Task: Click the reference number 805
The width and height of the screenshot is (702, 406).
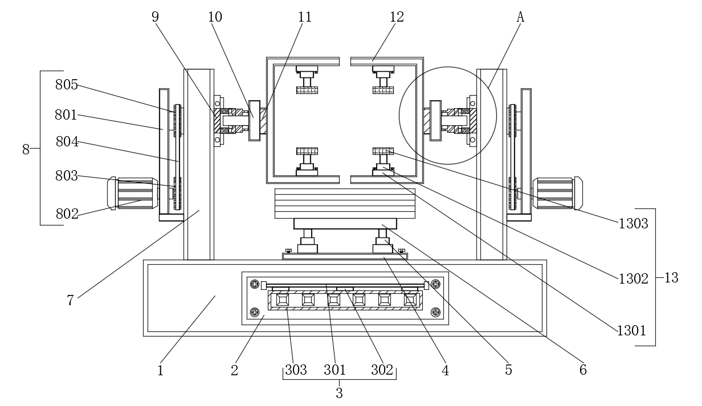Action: [x=66, y=85]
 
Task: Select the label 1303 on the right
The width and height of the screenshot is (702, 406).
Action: [x=633, y=224]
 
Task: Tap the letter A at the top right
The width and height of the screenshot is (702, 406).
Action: [x=520, y=17]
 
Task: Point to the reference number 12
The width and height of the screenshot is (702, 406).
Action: [x=397, y=17]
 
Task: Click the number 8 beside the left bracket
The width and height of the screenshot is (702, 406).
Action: [x=26, y=149]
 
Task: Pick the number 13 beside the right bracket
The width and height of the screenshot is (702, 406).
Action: [x=671, y=278]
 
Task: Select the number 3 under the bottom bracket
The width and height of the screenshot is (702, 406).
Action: [x=339, y=393]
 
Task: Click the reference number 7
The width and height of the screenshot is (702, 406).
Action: [x=70, y=301]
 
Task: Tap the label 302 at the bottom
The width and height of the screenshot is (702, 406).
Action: [x=382, y=370]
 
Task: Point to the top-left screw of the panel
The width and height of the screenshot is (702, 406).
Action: [x=255, y=284]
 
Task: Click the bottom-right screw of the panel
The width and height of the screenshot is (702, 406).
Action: [x=436, y=311]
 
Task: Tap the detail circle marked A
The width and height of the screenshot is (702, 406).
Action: [x=447, y=116]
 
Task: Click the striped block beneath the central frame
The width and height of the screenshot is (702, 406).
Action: [x=345, y=203]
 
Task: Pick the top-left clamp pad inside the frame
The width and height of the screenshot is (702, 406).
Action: [x=307, y=90]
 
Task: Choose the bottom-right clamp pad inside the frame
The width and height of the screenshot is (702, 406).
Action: [x=383, y=151]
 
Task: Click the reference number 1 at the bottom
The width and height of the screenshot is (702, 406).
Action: [x=160, y=370]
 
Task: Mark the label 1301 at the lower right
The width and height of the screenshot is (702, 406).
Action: [x=631, y=330]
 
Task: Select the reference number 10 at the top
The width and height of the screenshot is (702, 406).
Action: [x=215, y=17]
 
